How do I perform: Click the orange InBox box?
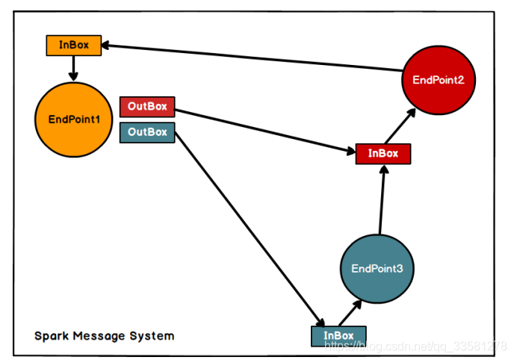point(73,45)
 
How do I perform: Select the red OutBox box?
point(146,106)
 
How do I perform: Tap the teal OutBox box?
point(146,132)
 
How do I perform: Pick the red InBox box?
point(383,154)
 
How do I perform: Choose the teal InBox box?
point(338,336)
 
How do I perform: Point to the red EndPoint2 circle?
point(439,80)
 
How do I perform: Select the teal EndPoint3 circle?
point(377,269)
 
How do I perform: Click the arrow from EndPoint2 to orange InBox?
point(254,58)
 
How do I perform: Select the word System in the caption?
point(152,336)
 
